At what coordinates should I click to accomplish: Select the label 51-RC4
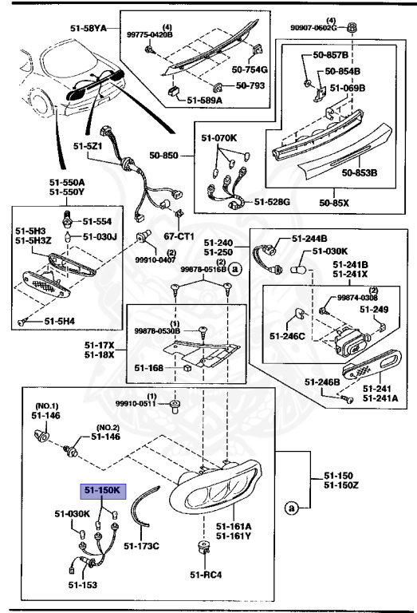point(205,573)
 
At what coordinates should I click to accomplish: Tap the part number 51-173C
point(144,546)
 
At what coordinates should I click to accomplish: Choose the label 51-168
point(149,368)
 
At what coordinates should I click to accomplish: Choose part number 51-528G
point(273,202)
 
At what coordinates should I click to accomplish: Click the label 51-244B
point(309,238)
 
